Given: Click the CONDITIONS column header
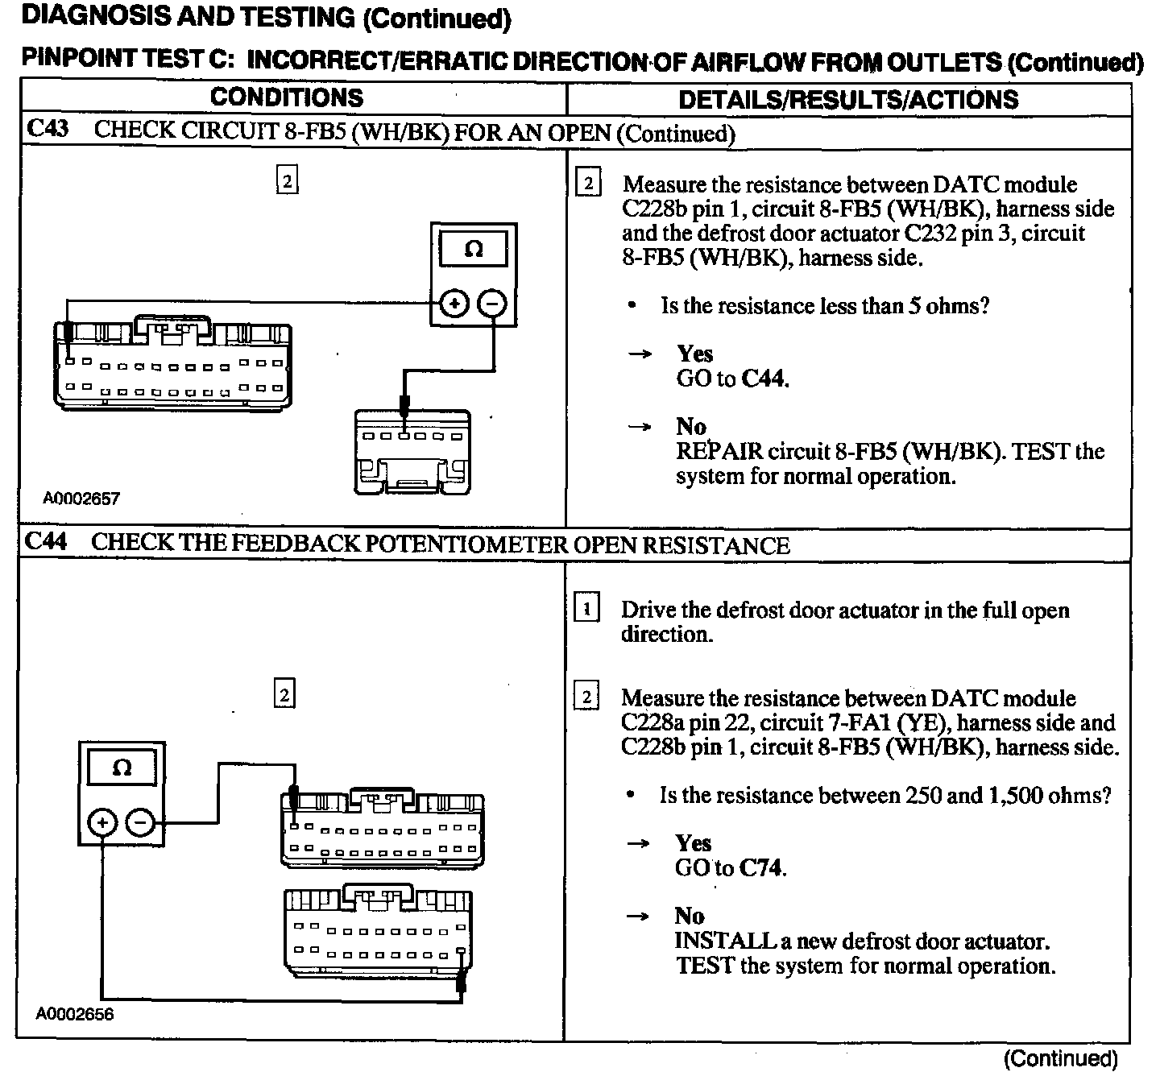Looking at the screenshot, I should pyautogui.click(x=287, y=97).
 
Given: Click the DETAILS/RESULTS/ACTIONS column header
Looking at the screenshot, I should pyautogui.click(x=848, y=99).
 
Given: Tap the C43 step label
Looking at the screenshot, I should pyautogui.click(x=48, y=130).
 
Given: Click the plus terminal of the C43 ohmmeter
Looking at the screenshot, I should pyautogui.click(x=455, y=304).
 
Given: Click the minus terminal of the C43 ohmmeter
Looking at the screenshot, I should pyautogui.click(x=492, y=304).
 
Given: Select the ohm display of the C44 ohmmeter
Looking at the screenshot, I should pyautogui.click(x=122, y=768).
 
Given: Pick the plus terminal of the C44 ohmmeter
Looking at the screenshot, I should pyautogui.click(x=102, y=822).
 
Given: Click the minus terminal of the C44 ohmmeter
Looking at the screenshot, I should pyautogui.click(x=140, y=822).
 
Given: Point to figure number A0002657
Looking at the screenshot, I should pyautogui.click(x=81, y=499).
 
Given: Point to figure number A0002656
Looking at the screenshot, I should pyautogui.click(x=75, y=1014).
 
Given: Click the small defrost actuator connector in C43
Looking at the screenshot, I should pyautogui.click(x=412, y=453).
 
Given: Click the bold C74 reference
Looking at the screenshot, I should pyautogui.click(x=761, y=868).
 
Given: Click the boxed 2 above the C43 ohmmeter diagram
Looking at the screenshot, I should pyautogui.click(x=287, y=180).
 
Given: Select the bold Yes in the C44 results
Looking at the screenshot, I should pyautogui.click(x=693, y=843).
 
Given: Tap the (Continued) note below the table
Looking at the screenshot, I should pyautogui.click(x=1060, y=1057).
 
